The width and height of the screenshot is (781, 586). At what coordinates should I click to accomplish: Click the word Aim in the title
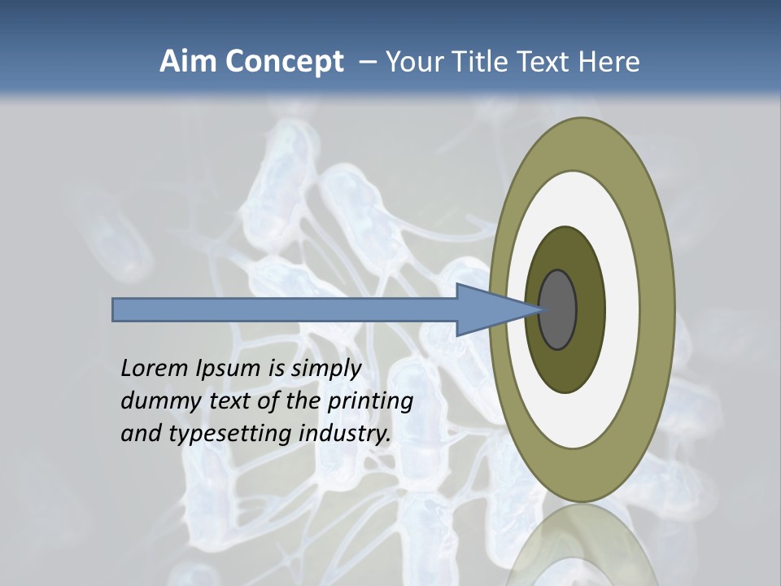pyautogui.click(x=189, y=62)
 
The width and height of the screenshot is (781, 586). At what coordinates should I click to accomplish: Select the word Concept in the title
pyautogui.click(x=285, y=62)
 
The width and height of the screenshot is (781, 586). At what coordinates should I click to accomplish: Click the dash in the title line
pyautogui.click(x=367, y=62)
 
